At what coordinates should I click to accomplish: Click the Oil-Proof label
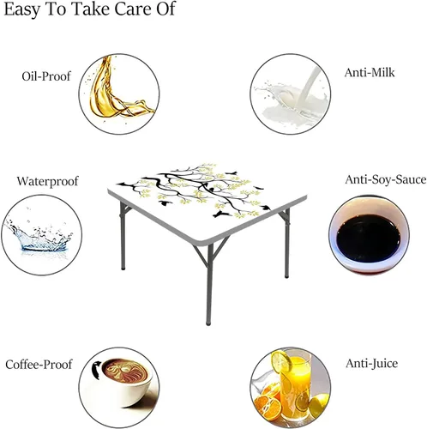(46, 76)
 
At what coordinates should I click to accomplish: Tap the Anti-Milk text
(370, 72)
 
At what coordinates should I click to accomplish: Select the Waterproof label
(47, 181)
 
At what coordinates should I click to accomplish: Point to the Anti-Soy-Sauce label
(386, 179)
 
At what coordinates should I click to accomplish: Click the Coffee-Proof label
(39, 365)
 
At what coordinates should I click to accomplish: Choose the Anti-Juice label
(371, 363)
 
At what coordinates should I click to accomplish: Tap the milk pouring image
(291, 94)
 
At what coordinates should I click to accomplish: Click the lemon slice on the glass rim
(281, 361)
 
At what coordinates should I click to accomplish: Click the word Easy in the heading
(21, 9)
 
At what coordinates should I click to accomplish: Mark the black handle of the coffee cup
(97, 369)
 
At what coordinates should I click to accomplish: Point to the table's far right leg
(286, 243)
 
